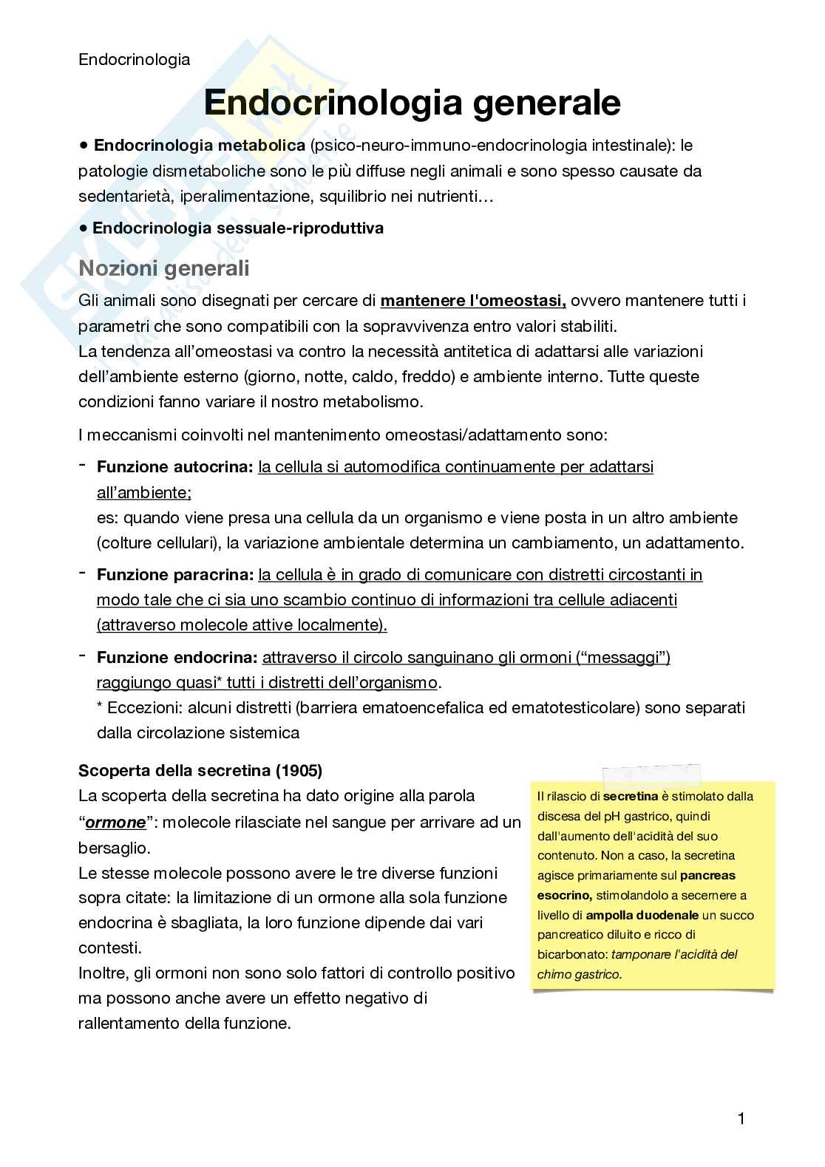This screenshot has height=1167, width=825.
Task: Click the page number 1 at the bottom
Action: (x=741, y=1118)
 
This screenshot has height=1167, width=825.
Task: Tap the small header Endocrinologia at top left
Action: (x=134, y=59)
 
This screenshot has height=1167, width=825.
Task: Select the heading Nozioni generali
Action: (x=163, y=268)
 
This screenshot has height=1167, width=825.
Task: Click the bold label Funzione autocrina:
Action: (x=175, y=467)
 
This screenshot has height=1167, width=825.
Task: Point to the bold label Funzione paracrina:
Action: (x=175, y=574)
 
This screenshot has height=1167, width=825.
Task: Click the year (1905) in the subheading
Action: (x=299, y=770)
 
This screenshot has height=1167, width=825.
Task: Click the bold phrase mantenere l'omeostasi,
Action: (x=473, y=301)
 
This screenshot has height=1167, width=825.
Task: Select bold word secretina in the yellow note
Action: (x=630, y=797)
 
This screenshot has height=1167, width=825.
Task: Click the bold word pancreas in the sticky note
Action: (x=707, y=876)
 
